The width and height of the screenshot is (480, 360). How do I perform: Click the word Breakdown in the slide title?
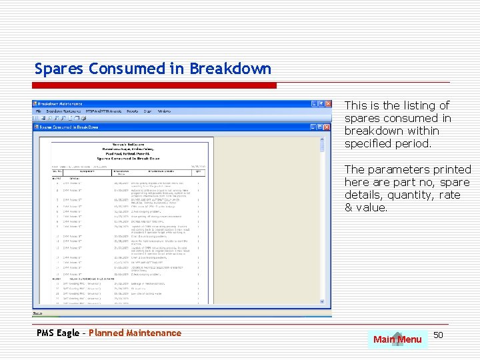point(230,69)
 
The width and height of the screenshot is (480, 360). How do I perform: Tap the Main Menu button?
point(397,339)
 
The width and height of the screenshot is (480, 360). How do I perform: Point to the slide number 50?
point(439,334)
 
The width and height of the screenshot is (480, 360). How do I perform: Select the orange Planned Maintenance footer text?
point(135,333)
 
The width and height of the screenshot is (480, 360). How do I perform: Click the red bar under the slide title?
point(155,85)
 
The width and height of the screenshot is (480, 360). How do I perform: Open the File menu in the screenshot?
point(39,111)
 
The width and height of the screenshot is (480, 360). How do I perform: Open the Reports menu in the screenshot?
point(133,111)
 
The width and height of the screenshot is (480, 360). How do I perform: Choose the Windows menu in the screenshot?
point(164,111)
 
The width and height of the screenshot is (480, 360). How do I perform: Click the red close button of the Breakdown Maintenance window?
point(327,104)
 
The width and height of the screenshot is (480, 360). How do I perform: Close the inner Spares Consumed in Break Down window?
point(327,127)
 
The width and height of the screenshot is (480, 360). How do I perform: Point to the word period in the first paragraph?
point(413,143)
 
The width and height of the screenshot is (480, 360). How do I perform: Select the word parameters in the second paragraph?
point(399,169)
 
